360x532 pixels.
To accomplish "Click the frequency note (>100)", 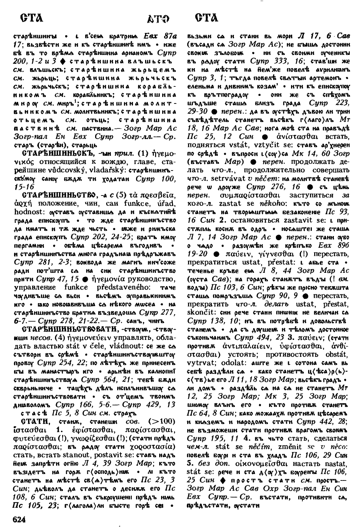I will [x=162, y=421].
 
